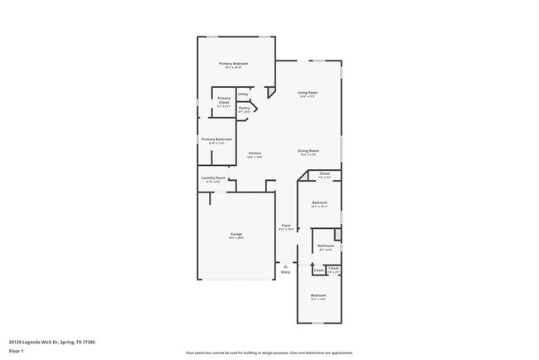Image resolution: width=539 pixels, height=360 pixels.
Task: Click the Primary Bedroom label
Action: (x=233, y=64)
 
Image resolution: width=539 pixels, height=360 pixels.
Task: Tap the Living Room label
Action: (x=308, y=92)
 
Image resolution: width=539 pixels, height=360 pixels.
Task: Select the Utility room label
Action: (x=243, y=95)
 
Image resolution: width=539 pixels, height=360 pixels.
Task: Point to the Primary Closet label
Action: (x=224, y=100)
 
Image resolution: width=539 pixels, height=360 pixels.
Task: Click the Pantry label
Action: (x=245, y=108)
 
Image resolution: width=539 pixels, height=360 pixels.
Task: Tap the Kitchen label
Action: (x=255, y=153)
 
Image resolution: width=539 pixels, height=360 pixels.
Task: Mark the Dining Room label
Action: (x=308, y=151)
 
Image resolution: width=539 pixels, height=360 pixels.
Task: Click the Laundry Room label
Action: (x=213, y=178)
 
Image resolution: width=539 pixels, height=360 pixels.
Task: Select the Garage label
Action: (x=236, y=235)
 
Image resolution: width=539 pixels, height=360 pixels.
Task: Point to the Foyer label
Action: (x=286, y=225)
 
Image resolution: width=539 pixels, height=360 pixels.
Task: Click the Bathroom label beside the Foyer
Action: (x=326, y=246)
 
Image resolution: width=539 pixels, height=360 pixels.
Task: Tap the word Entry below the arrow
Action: (x=285, y=272)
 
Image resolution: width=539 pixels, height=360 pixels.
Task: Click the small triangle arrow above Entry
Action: (x=285, y=265)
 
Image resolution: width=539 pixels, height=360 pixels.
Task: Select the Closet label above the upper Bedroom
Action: (x=325, y=173)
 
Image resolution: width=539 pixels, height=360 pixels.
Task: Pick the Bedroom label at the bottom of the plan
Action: (x=318, y=295)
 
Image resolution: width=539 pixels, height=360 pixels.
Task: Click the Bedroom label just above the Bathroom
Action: (x=319, y=202)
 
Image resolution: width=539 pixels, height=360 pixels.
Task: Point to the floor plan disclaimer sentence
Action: (x=269, y=353)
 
